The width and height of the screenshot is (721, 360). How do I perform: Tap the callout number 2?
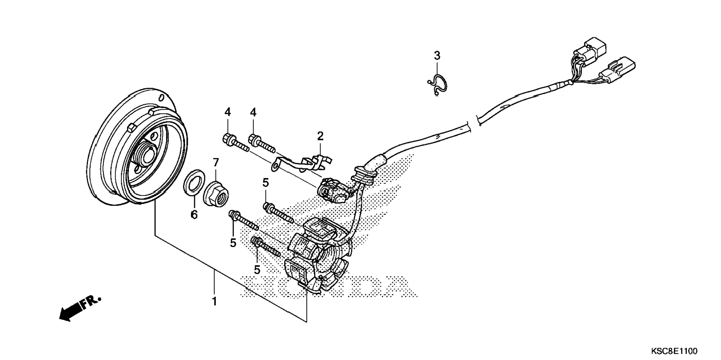[x=320, y=136]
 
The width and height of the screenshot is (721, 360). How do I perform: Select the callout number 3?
[x=437, y=56]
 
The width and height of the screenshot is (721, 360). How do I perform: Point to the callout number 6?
[x=194, y=215]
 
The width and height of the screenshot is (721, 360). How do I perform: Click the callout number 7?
[x=216, y=162]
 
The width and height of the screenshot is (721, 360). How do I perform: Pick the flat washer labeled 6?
[x=193, y=182]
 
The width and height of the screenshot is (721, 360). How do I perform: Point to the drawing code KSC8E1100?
[x=674, y=351]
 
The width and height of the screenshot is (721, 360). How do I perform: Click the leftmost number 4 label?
[x=227, y=112]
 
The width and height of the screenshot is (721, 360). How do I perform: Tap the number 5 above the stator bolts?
[x=265, y=183]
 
